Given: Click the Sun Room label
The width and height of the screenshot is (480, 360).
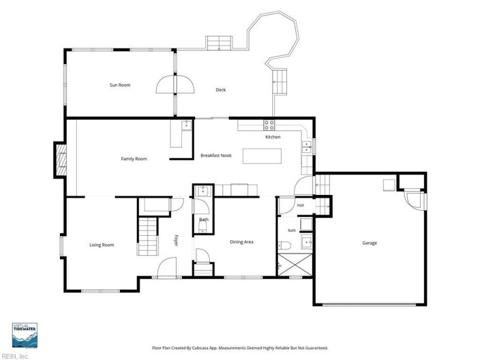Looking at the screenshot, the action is point(120,85).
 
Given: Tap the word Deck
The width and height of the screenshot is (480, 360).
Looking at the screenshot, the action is point(221,89).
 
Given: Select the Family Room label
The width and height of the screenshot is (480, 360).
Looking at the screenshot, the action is point(134,159).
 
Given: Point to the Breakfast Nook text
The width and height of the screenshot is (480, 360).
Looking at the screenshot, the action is point(216,155).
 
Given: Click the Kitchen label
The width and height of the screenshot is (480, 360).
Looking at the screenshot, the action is point(273,137).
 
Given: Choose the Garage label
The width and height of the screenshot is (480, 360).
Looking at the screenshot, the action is point(370,243).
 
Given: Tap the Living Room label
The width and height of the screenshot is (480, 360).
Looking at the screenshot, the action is point(101,245).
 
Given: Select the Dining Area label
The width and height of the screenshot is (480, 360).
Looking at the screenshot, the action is point(242,242).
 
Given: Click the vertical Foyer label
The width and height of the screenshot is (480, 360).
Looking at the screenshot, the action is point(176,241).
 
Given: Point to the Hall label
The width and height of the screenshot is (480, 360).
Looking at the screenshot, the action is point(301,205).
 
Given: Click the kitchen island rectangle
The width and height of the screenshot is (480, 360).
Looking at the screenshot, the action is point(262,156).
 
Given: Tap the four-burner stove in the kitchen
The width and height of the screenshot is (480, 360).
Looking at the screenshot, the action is point(269,125).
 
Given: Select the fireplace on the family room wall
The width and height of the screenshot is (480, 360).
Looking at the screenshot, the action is point(61,160).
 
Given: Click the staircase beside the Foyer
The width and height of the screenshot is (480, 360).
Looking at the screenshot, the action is point(148,236).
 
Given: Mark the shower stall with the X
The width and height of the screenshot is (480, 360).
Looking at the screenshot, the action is point(295,265).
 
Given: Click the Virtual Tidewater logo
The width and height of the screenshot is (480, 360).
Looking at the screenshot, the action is point(25,335).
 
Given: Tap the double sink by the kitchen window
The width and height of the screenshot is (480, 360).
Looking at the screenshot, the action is point(306,147).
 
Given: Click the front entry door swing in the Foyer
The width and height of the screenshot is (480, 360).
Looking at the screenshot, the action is point(167,267).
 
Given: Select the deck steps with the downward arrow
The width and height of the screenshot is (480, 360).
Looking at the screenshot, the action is point(219,43).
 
